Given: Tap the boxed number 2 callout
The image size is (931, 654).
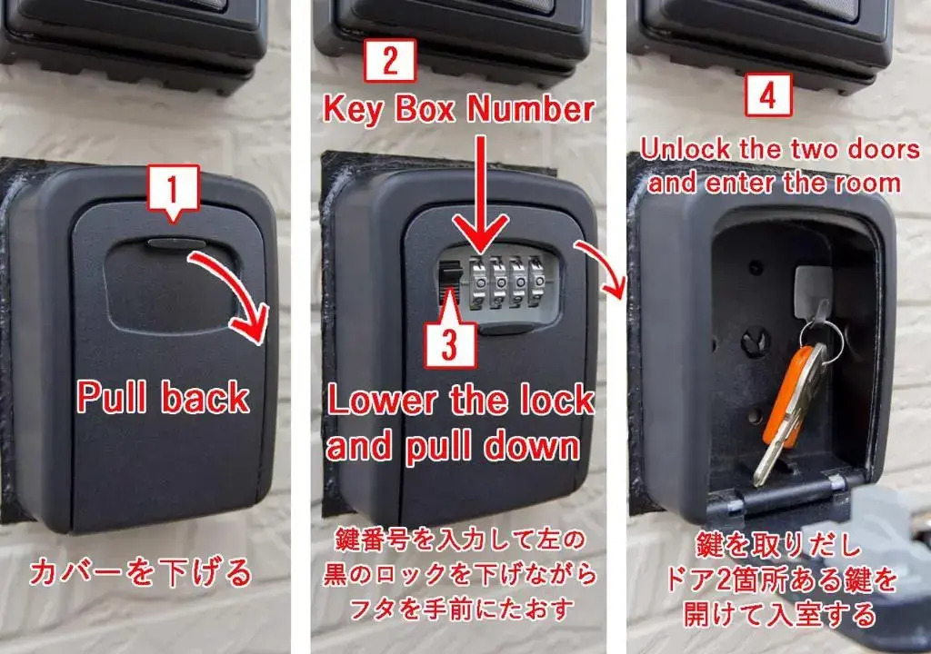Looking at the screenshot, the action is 390,60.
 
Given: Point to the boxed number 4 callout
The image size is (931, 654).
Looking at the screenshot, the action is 768,95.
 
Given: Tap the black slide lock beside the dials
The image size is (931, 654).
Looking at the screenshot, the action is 449,281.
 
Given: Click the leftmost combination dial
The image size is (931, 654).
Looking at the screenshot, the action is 479,282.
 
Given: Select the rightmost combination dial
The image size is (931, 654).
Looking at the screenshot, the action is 536,280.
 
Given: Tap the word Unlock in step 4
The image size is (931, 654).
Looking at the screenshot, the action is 686,149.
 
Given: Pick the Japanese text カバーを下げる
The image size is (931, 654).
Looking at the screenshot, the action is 141,572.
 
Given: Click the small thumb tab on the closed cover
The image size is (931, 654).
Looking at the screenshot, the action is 176,243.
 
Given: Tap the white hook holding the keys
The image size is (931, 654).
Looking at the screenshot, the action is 815,292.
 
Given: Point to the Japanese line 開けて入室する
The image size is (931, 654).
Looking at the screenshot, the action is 779,615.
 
